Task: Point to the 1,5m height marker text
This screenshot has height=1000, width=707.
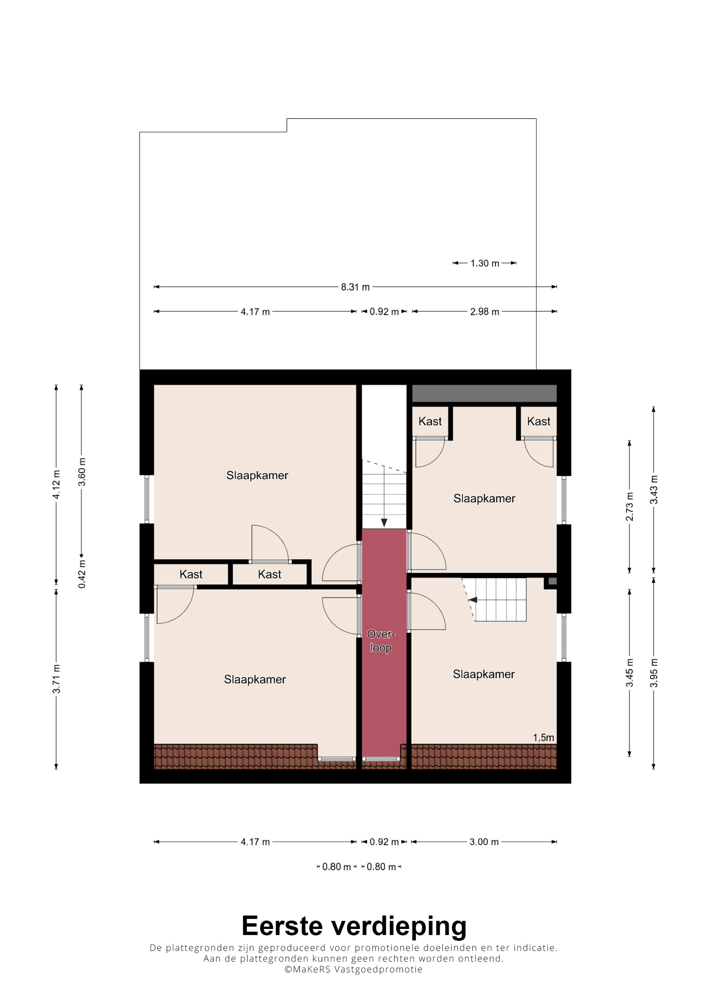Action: tap(544, 737)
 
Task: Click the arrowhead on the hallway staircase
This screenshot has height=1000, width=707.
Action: tap(384, 523)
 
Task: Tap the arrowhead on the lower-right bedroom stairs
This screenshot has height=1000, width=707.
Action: tap(473, 600)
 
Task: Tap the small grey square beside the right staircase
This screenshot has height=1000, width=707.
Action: tap(553, 581)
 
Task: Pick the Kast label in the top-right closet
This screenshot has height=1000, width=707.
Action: tap(538, 421)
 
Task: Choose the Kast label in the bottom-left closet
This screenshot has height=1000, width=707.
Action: tap(191, 574)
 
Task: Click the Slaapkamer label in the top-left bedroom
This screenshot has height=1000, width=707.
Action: tap(257, 475)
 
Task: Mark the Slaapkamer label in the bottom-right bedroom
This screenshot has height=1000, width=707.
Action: tap(484, 674)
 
